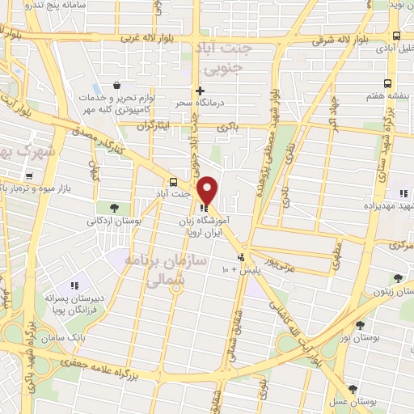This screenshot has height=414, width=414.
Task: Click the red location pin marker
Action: pos(208,190)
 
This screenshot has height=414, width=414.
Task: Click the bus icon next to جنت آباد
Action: pos(174,181)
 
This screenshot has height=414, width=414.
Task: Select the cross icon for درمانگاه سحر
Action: pos(200,91)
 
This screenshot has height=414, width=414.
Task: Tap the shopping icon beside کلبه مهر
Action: pos(118,85)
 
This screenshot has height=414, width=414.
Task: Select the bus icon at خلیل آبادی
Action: pos(395,36)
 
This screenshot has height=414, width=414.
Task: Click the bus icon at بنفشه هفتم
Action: pos(388,83)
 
